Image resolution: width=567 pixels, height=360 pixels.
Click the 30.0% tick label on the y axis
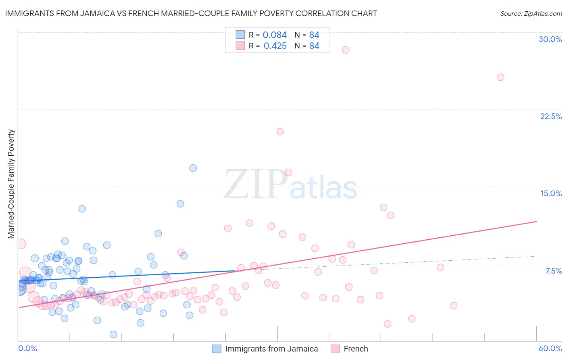(x=550, y=39)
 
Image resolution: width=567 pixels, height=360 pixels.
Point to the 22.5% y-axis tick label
(x=551, y=116)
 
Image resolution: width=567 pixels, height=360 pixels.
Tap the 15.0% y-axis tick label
(x=551, y=193)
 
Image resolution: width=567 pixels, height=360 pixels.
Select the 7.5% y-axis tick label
(x=553, y=271)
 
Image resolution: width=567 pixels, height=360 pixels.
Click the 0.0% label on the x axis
(x=27, y=348)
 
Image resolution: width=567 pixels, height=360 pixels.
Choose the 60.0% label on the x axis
(x=550, y=348)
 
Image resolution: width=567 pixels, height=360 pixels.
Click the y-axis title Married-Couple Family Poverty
(x=11, y=184)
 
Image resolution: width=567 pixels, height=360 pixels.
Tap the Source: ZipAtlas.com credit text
(x=531, y=13)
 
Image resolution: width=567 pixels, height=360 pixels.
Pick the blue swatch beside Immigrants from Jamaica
(x=217, y=349)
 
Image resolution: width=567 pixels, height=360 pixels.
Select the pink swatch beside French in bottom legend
(x=335, y=349)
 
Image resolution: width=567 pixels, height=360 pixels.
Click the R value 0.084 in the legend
(x=275, y=35)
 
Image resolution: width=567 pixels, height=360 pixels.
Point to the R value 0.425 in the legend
(x=275, y=46)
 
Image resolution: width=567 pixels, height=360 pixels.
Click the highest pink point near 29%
(x=346, y=50)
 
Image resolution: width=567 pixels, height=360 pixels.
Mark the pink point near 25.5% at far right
(x=500, y=77)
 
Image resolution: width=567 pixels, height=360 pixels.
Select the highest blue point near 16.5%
(x=193, y=168)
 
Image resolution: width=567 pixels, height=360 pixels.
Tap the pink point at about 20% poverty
(x=280, y=132)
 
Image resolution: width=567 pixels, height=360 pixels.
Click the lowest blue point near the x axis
(x=113, y=334)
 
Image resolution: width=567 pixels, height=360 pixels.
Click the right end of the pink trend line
(x=536, y=221)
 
